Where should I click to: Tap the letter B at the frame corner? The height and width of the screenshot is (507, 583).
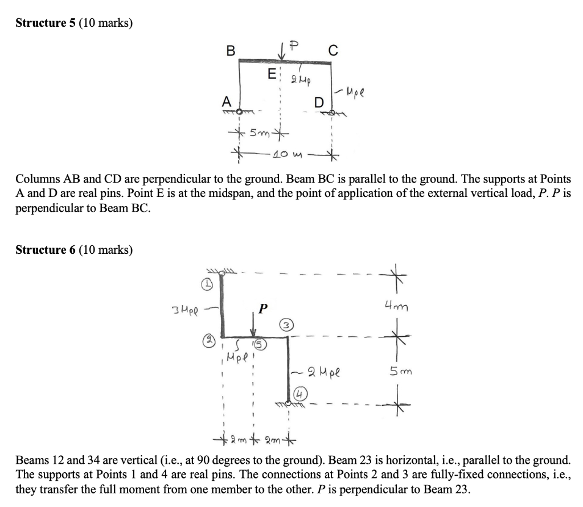230,51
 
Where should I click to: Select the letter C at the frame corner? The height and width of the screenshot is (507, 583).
333,51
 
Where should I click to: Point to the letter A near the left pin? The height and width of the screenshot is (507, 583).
225,101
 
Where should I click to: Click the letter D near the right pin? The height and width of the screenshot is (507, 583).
319,103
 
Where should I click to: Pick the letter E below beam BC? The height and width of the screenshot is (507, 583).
272,74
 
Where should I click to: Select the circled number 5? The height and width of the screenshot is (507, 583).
260,344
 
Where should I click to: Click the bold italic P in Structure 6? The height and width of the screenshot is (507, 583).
262,310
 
